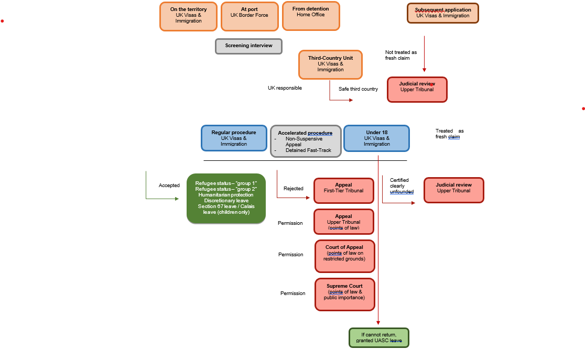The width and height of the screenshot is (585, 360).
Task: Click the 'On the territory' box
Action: pyautogui.click(x=189, y=16)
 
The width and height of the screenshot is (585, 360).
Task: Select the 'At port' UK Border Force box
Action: pyautogui.click(x=249, y=16)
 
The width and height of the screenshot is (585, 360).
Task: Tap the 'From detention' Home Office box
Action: pyautogui.click(x=311, y=16)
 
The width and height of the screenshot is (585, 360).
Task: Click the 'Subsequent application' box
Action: pyautogui.click(x=443, y=13)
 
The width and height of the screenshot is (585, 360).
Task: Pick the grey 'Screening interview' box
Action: pyautogui.click(x=248, y=46)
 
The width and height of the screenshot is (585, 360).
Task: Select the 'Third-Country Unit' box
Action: pyautogui.click(x=330, y=64)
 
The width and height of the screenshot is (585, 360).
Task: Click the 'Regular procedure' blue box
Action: pyautogui.click(x=234, y=138)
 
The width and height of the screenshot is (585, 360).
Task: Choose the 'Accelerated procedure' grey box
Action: pyautogui.click(x=306, y=141)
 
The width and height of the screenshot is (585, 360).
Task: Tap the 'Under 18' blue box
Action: pyautogui.click(x=376, y=138)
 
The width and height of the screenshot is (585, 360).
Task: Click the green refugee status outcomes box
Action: pyautogui.click(x=226, y=199)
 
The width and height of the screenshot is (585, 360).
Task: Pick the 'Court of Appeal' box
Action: pyautogui.click(x=344, y=256)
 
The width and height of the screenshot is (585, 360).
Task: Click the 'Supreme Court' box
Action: pyautogui.click(x=344, y=294)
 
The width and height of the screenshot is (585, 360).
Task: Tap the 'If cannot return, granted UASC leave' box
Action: pyautogui.click(x=379, y=337)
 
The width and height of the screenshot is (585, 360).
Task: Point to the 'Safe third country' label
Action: pyautogui.click(x=358, y=89)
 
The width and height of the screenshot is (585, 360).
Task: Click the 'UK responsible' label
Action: pyautogui.click(x=285, y=88)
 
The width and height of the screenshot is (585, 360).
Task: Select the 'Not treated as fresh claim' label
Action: pyautogui.click(x=401, y=55)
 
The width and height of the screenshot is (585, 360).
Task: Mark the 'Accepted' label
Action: pyautogui.click(x=169, y=186)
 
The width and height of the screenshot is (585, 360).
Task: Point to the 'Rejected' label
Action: pyautogui.click(x=294, y=189)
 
